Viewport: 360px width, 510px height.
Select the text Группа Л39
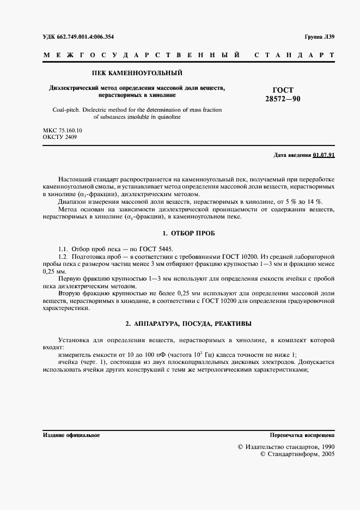[x=320, y=37]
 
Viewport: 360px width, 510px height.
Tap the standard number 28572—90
[x=283, y=99]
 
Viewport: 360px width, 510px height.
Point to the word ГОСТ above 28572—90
[x=283, y=90]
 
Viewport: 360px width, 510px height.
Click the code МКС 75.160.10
[x=63, y=131]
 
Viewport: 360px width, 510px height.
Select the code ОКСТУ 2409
[x=60, y=138]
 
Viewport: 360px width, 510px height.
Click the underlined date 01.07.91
[x=324, y=155]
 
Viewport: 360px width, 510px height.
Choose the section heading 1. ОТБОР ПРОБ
[x=188, y=233]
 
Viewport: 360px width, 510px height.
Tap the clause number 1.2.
[x=63, y=256]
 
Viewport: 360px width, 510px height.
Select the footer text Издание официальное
[x=71, y=435]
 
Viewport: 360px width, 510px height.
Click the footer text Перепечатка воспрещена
[x=302, y=435]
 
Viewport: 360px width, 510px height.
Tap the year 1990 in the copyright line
[x=325, y=446]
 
